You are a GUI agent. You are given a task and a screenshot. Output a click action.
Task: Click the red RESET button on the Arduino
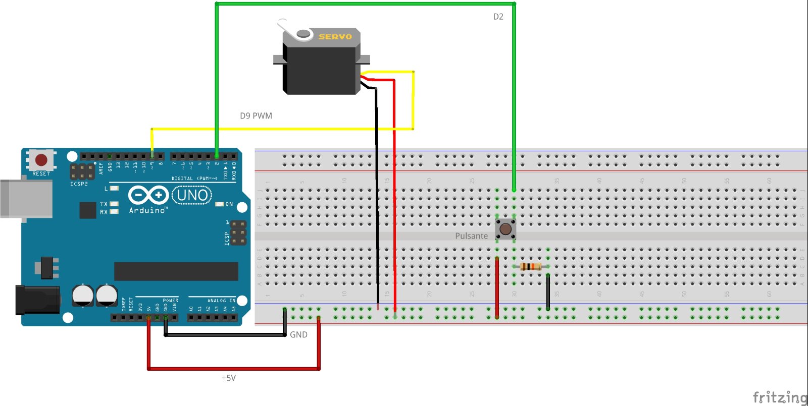[41, 160]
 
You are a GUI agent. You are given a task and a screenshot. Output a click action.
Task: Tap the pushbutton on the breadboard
[506, 229]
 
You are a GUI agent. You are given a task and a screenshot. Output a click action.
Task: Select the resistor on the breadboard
[531, 266]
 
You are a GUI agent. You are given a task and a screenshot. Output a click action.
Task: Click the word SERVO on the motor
[335, 37]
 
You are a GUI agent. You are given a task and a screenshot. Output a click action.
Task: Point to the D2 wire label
[498, 17]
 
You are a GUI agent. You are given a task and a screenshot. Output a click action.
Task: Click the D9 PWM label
[256, 116]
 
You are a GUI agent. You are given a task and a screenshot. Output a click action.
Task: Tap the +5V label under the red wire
[229, 378]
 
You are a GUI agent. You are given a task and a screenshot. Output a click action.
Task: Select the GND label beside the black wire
[298, 334]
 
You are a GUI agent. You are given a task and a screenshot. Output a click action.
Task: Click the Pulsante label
[471, 236]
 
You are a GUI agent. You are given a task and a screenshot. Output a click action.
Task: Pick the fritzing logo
[780, 397]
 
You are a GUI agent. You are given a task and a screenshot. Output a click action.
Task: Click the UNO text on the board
[192, 195]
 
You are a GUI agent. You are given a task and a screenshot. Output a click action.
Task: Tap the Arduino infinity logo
[148, 195]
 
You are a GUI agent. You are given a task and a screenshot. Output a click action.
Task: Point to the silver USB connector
[25, 198]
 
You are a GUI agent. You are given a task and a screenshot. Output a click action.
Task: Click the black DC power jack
[37, 300]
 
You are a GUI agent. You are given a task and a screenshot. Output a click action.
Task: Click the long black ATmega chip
[176, 271]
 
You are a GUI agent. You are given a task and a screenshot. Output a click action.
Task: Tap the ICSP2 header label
[79, 184]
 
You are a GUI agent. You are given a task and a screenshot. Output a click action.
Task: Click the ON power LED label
[229, 204]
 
